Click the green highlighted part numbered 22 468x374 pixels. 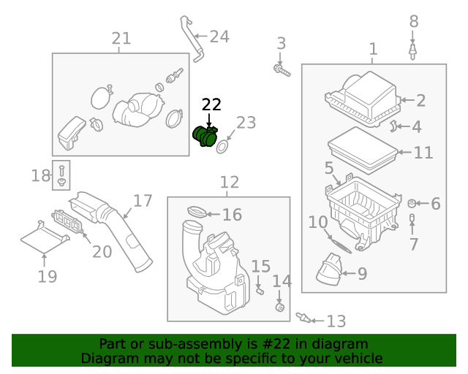click(x=205, y=137)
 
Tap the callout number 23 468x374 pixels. click(x=246, y=123)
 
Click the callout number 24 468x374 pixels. click(x=219, y=36)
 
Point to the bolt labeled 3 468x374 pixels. click(x=280, y=70)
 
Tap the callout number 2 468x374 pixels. click(x=421, y=101)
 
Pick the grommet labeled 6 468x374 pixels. click(x=412, y=202)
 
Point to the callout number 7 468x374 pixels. click(x=413, y=244)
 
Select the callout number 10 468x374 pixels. click(x=317, y=221)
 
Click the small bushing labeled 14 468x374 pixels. click(x=278, y=306)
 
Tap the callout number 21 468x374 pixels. click(x=121, y=38)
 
